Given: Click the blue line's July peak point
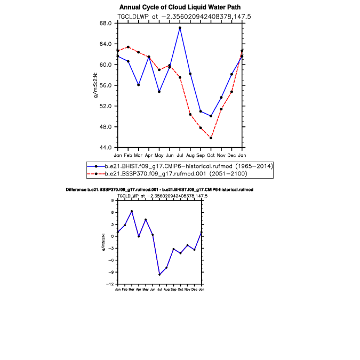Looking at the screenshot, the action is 180,28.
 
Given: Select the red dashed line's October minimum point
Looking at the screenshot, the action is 211,138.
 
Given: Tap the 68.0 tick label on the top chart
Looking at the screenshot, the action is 106,23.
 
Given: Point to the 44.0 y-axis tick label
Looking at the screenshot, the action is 106,147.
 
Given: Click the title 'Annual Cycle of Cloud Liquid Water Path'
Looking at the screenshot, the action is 180,7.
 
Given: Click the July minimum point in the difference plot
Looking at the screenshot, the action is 159,275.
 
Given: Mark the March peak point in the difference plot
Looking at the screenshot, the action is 132,211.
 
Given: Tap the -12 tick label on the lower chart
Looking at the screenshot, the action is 110,284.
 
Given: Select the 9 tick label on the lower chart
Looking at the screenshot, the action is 113,201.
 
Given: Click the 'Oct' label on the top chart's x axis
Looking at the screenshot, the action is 211,155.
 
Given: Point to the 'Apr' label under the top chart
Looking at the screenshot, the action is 149,156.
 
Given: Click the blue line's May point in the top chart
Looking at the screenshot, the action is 159,92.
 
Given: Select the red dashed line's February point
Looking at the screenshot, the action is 128,47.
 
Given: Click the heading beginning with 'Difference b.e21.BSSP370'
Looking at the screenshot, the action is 159,190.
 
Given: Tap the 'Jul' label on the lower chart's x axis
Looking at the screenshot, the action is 159,289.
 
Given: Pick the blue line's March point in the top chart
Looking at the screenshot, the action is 139,85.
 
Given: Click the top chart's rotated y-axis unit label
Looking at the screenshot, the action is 95,85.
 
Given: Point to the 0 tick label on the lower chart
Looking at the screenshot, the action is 113,236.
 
